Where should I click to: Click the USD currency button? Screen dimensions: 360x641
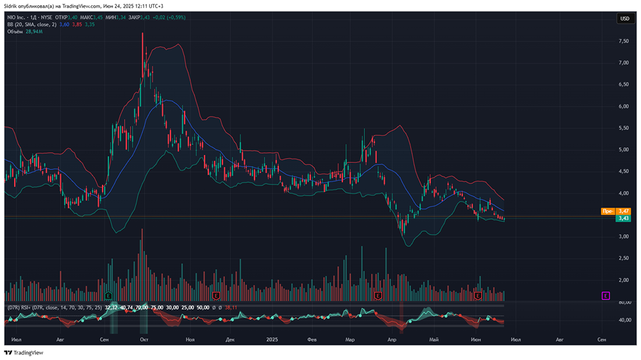pyautogui.click(x=624, y=19)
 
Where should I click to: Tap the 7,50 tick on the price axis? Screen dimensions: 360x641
pyautogui.click(x=623, y=41)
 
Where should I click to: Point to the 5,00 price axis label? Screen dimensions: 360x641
pyautogui.click(x=623, y=150)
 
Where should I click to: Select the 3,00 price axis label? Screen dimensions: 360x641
pyautogui.click(x=623, y=236)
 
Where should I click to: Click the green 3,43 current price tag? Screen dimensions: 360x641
pyautogui.click(x=622, y=218)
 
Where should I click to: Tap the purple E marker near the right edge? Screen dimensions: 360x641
pyautogui.click(x=605, y=295)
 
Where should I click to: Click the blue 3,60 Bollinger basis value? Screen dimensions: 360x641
pyautogui.click(x=63, y=24)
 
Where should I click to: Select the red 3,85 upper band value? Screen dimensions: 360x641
pyautogui.click(x=77, y=24)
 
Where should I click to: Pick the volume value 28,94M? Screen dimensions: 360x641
pyautogui.click(x=34, y=31)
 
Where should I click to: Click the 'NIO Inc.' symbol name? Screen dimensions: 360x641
pyautogui.click(x=17, y=17)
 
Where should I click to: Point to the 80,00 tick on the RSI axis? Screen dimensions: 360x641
pyautogui.click(x=623, y=302)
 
